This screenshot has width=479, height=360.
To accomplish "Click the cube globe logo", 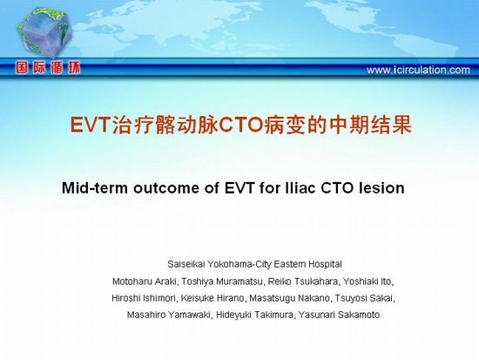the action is click(44, 33).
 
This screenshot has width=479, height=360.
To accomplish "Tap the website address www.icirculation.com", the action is click(418, 70).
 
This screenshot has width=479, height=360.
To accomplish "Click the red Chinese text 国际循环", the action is click(48, 68).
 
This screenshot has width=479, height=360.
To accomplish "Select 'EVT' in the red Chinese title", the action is click(90, 125).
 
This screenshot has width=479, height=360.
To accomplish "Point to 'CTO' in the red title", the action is click(241, 125).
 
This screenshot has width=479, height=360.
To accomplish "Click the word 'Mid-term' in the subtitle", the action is click(95, 187).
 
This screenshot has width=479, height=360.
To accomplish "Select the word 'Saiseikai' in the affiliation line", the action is click(186, 264).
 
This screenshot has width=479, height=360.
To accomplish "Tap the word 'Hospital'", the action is click(325, 264).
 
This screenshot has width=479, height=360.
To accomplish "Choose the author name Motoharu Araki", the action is click(145, 282).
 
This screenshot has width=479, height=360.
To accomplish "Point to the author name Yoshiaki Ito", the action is click(367, 282).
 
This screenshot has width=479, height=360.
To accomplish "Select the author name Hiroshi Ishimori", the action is click(143, 298).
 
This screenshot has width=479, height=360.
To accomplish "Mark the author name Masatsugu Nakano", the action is click(289, 298).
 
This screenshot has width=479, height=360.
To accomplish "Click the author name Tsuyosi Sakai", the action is click(363, 298).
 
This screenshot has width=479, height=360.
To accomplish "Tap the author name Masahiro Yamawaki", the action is click(168, 315).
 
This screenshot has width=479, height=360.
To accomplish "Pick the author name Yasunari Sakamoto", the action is click(339, 315).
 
